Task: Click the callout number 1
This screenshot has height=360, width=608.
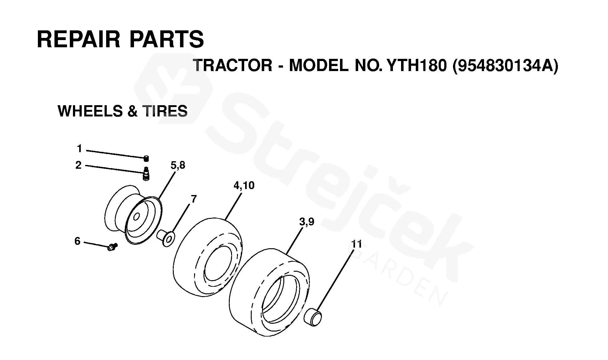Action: [79, 149]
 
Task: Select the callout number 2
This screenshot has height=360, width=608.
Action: [78, 165]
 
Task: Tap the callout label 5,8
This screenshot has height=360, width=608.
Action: [178, 165]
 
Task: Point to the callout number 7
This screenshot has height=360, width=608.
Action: [193, 199]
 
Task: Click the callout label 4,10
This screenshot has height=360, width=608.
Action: [244, 185]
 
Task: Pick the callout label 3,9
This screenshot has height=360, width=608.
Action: [307, 222]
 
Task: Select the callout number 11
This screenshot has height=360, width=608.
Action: [356, 244]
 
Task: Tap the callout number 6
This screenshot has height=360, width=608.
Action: [77, 241]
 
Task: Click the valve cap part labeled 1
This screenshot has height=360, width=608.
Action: [146, 158]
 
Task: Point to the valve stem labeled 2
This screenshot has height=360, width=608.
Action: [146, 174]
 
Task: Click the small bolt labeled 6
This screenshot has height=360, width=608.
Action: [112, 247]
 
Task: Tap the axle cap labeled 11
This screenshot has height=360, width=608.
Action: [313, 316]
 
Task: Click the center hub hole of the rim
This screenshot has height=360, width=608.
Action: [137, 217]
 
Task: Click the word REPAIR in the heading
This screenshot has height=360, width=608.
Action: [79, 39]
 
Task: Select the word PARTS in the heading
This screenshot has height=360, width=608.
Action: [166, 39]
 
